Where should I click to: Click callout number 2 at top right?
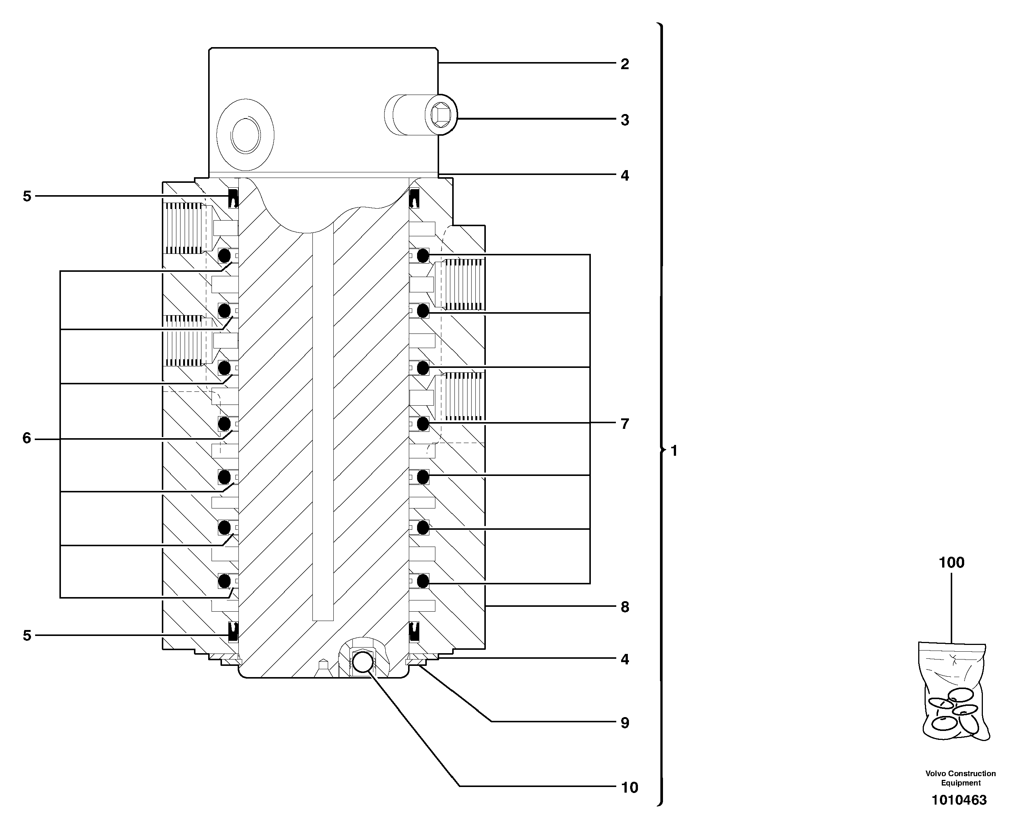pos(624,64)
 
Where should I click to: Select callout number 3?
pos(624,120)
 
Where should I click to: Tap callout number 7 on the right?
pos(624,424)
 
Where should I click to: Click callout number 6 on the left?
pos(27,438)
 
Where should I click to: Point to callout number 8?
pos(624,607)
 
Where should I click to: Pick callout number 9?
pos(624,723)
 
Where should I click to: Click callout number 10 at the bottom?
pos(629,787)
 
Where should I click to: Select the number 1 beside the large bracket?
pos(674,451)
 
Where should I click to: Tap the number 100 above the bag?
pos(951,563)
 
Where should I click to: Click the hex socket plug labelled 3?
pos(441,115)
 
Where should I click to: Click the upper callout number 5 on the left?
pos(27,196)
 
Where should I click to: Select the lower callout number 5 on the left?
pos(27,636)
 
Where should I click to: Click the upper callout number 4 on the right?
pos(624,175)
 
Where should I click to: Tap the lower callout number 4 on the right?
pos(624,659)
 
